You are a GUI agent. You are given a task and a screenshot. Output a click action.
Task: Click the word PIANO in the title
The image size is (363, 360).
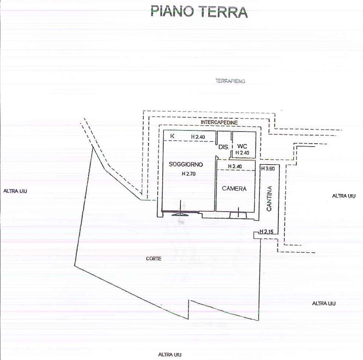[172, 12]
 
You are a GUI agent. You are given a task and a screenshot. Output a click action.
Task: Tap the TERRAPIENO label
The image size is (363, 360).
[230, 81]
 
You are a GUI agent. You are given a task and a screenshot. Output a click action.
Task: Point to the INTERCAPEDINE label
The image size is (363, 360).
[219, 122]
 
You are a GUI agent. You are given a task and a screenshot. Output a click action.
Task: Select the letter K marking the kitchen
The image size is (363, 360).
[172, 136]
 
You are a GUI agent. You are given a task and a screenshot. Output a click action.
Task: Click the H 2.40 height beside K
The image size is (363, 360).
[198, 137]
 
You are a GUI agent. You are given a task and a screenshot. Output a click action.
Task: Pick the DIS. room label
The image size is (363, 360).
[223, 147]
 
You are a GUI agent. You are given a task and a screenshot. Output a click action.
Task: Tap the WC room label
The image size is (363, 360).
[242, 146]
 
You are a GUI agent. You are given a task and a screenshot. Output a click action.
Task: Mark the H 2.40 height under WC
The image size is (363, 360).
[242, 153]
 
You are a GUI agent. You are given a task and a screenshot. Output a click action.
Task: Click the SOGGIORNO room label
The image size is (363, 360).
[186, 164]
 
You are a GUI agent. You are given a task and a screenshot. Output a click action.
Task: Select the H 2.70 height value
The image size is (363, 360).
[189, 174]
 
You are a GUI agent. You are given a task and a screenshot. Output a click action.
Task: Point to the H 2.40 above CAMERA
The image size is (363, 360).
[235, 166]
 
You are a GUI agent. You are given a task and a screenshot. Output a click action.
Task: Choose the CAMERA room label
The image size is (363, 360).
[234, 189]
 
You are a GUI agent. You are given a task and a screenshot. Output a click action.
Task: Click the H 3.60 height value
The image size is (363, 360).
[268, 169]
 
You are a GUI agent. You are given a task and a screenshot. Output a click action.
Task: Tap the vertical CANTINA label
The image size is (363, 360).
[269, 198]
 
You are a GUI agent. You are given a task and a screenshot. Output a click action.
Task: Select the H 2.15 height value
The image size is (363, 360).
[266, 231]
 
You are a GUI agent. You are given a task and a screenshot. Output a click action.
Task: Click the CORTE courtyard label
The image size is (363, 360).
[154, 259]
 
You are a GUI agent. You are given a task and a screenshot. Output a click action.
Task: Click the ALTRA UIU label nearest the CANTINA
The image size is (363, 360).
[344, 196]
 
